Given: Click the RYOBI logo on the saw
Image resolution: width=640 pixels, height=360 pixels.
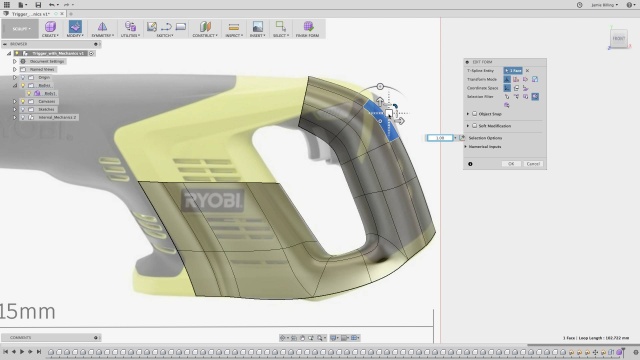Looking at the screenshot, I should (x=212, y=200).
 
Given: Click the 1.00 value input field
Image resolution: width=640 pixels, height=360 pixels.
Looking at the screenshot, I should (x=441, y=137).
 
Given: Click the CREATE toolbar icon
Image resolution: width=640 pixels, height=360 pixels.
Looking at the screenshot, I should (x=49, y=27).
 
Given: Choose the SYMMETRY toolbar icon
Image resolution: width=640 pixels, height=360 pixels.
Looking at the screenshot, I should (x=102, y=27).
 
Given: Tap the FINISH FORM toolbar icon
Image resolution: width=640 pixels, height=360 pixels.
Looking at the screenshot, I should (x=306, y=27).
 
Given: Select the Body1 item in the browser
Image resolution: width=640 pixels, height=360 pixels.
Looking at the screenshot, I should (x=46, y=94).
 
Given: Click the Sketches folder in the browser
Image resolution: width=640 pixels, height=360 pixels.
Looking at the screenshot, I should (x=46, y=110).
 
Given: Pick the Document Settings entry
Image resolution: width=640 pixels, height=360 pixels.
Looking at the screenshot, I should (x=46, y=61).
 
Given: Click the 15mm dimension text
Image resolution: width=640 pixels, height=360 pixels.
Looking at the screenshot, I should (x=28, y=311).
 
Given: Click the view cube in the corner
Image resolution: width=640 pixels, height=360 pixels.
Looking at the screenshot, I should (x=617, y=40).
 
